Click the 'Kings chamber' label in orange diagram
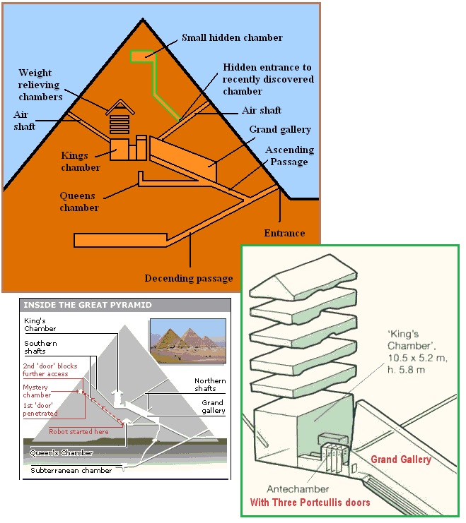[x=79, y=161]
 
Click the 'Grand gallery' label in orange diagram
[x=280, y=130]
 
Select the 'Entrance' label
[x=284, y=233]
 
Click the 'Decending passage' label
[x=189, y=278]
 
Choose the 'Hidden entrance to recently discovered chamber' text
[x=268, y=79]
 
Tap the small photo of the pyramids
[x=188, y=336]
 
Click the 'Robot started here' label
[x=78, y=431]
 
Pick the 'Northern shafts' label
[x=210, y=385]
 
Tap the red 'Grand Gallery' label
[x=401, y=459]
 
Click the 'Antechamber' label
[x=297, y=489]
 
